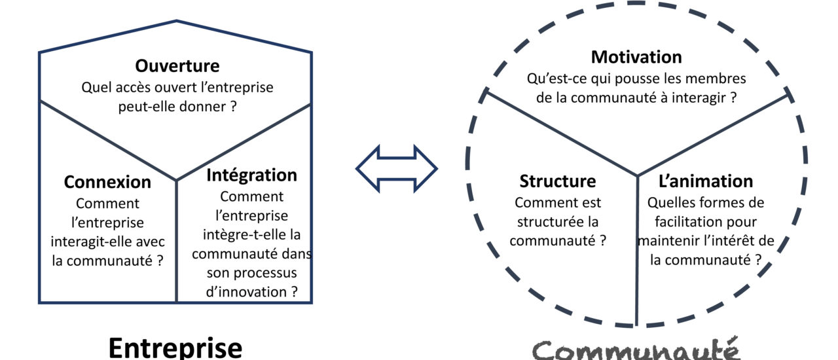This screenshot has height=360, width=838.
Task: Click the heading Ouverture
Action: coord(177,66)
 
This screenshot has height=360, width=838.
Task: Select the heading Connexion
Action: coord(107,182)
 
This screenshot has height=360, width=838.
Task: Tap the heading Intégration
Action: coord(251,175)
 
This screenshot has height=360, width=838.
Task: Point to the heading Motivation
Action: coord(636,58)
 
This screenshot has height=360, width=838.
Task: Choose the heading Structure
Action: coord(558,181)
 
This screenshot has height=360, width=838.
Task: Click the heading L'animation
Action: coord(705,181)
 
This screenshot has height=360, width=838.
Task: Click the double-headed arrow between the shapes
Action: coord(397,169)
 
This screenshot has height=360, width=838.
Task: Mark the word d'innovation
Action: coord(246,291)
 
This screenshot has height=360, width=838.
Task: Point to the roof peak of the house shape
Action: coord(176,21)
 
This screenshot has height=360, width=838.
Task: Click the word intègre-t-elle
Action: coord(251,234)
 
